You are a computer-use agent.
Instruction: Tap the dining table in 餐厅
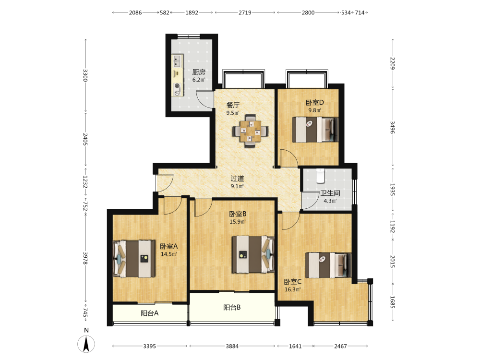[251, 131]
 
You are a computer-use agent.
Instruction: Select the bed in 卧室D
[315, 130]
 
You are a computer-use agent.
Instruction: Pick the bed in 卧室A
[134, 259]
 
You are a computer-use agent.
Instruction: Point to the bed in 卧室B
[253, 254]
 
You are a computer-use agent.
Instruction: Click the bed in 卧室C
[328, 265]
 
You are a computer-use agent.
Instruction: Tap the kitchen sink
[177, 61]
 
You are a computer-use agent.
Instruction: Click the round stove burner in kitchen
[177, 86]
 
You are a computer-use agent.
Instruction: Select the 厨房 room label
[199, 72]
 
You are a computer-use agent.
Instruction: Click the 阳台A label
[149, 313]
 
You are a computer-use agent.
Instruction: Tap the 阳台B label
[232, 307]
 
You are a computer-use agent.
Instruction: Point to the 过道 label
[237, 178]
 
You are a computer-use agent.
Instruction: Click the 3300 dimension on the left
[85, 76]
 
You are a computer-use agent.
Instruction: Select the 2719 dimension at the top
[245, 12]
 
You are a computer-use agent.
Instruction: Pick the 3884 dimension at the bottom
[232, 346]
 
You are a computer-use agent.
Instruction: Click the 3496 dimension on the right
[393, 127]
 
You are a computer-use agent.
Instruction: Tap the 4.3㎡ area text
[330, 201]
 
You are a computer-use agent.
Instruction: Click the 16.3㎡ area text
[293, 289]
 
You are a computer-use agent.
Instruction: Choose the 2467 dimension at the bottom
[340, 346]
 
